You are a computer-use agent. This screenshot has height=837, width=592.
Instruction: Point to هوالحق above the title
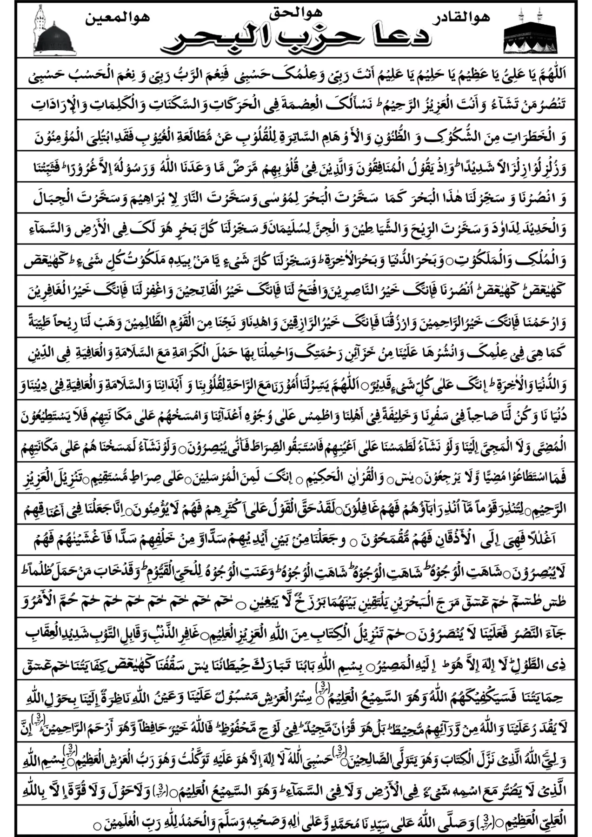pyautogui.click(x=296, y=13)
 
